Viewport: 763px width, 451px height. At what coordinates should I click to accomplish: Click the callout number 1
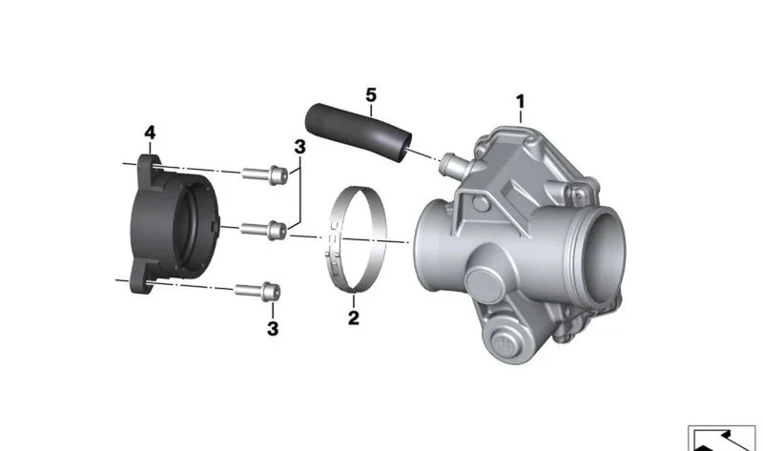[x=520, y=102]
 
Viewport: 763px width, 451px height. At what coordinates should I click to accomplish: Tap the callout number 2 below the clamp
[x=354, y=318]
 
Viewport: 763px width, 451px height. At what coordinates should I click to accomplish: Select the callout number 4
[x=150, y=133]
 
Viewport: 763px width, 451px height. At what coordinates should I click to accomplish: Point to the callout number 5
[x=371, y=94]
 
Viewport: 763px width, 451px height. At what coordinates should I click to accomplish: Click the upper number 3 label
[x=299, y=147]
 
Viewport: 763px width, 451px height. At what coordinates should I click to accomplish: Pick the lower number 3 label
[x=273, y=328]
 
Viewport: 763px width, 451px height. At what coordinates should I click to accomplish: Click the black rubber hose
[x=359, y=132]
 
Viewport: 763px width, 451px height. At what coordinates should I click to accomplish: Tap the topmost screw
[x=265, y=174]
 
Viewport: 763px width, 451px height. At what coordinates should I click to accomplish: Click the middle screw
[x=263, y=229]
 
